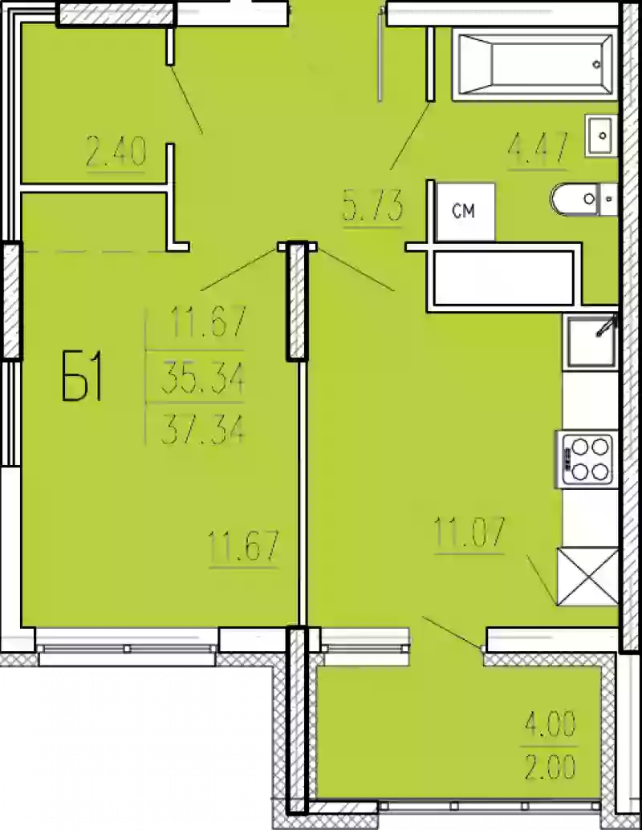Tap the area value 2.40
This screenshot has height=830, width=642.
[116, 152]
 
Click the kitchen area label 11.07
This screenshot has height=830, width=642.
[469, 532]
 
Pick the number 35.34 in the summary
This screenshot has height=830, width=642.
[202, 379]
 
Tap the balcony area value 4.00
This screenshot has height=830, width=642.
[550, 724]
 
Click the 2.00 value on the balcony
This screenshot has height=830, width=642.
[550, 766]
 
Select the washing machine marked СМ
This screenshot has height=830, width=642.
[465, 212]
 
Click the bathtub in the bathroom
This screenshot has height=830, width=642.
[534, 64]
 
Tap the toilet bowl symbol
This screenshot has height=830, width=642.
[575, 200]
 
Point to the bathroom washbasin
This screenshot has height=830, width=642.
[601, 135]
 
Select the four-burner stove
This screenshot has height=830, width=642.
[587, 459]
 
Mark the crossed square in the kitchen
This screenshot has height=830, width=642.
[587, 576]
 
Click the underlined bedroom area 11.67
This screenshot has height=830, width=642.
[244, 548]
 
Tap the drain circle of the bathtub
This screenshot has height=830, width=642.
[596, 65]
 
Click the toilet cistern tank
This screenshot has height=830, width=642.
[608, 200]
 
